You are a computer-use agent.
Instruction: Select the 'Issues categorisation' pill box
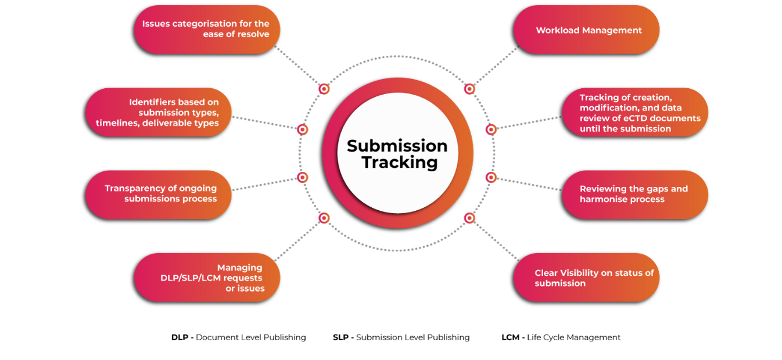(x=207, y=29)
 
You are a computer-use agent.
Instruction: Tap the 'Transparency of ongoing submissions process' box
(x=158, y=194)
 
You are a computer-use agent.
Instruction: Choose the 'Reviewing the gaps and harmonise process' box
(x=634, y=194)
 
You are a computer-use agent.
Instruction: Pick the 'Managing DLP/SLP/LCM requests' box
(x=207, y=278)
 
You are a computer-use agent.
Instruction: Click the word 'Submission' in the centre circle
(x=397, y=146)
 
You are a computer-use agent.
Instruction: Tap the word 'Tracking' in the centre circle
(x=399, y=163)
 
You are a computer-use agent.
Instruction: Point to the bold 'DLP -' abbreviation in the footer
(x=182, y=337)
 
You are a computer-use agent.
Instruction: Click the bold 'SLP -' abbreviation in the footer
(x=343, y=337)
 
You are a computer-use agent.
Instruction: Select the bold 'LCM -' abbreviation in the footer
(x=513, y=337)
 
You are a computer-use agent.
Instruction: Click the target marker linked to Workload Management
(x=469, y=89)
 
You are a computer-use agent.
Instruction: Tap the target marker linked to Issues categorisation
(x=324, y=89)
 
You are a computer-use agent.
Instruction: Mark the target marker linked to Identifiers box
(x=303, y=129)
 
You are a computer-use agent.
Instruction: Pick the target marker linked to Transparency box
(x=303, y=177)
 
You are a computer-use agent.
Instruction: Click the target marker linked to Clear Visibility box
(x=469, y=218)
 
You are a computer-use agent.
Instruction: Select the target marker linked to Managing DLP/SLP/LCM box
(x=324, y=218)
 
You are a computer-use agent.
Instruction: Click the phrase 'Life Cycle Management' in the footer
(x=573, y=337)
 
